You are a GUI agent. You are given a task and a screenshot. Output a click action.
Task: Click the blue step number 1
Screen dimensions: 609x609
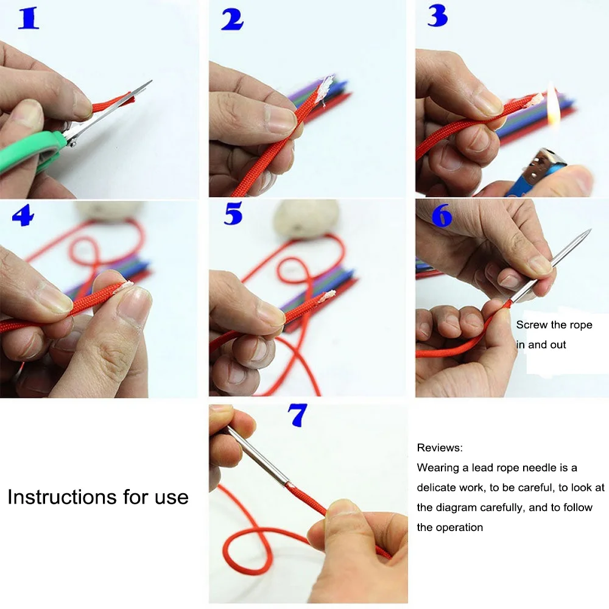click(x=29, y=19)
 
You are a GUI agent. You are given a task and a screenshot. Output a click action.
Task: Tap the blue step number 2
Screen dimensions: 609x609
click(x=232, y=20)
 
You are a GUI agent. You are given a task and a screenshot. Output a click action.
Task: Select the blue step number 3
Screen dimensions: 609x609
click(x=438, y=16)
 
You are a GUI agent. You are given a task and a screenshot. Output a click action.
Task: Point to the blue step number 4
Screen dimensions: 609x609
click(x=23, y=215)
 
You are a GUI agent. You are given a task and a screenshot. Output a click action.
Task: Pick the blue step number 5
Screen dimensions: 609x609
click(x=233, y=214)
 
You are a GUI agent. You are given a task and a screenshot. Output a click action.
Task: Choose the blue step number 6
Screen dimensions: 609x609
click(x=442, y=215)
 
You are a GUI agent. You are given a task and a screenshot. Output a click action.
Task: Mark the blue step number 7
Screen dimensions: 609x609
click(x=297, y=415)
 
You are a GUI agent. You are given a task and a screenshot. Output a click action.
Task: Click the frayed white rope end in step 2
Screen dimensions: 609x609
click(x=323, y=88)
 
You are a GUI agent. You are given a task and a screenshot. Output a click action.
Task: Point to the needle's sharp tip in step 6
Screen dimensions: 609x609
click(x=590, y=230)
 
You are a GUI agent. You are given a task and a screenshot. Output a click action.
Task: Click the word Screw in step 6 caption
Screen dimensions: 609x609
click(x=530, y=325)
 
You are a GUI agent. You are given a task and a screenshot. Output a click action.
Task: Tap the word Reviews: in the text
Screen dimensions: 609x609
click(x=440, y=448)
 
